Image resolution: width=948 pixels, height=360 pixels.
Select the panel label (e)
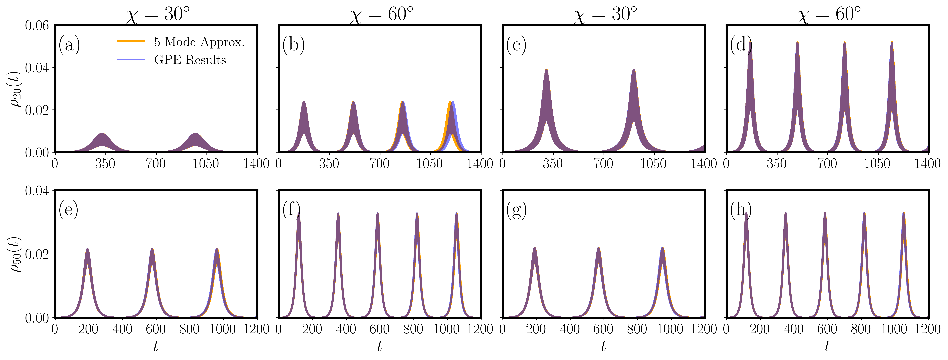coord(68,211)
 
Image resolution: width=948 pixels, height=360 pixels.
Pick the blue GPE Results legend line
coord(131,59)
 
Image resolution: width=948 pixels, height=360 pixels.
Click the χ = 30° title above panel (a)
coord(158,15)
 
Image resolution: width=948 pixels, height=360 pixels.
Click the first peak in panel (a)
coord(102,134)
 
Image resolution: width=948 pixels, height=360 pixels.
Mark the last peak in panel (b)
coord(452,102)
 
